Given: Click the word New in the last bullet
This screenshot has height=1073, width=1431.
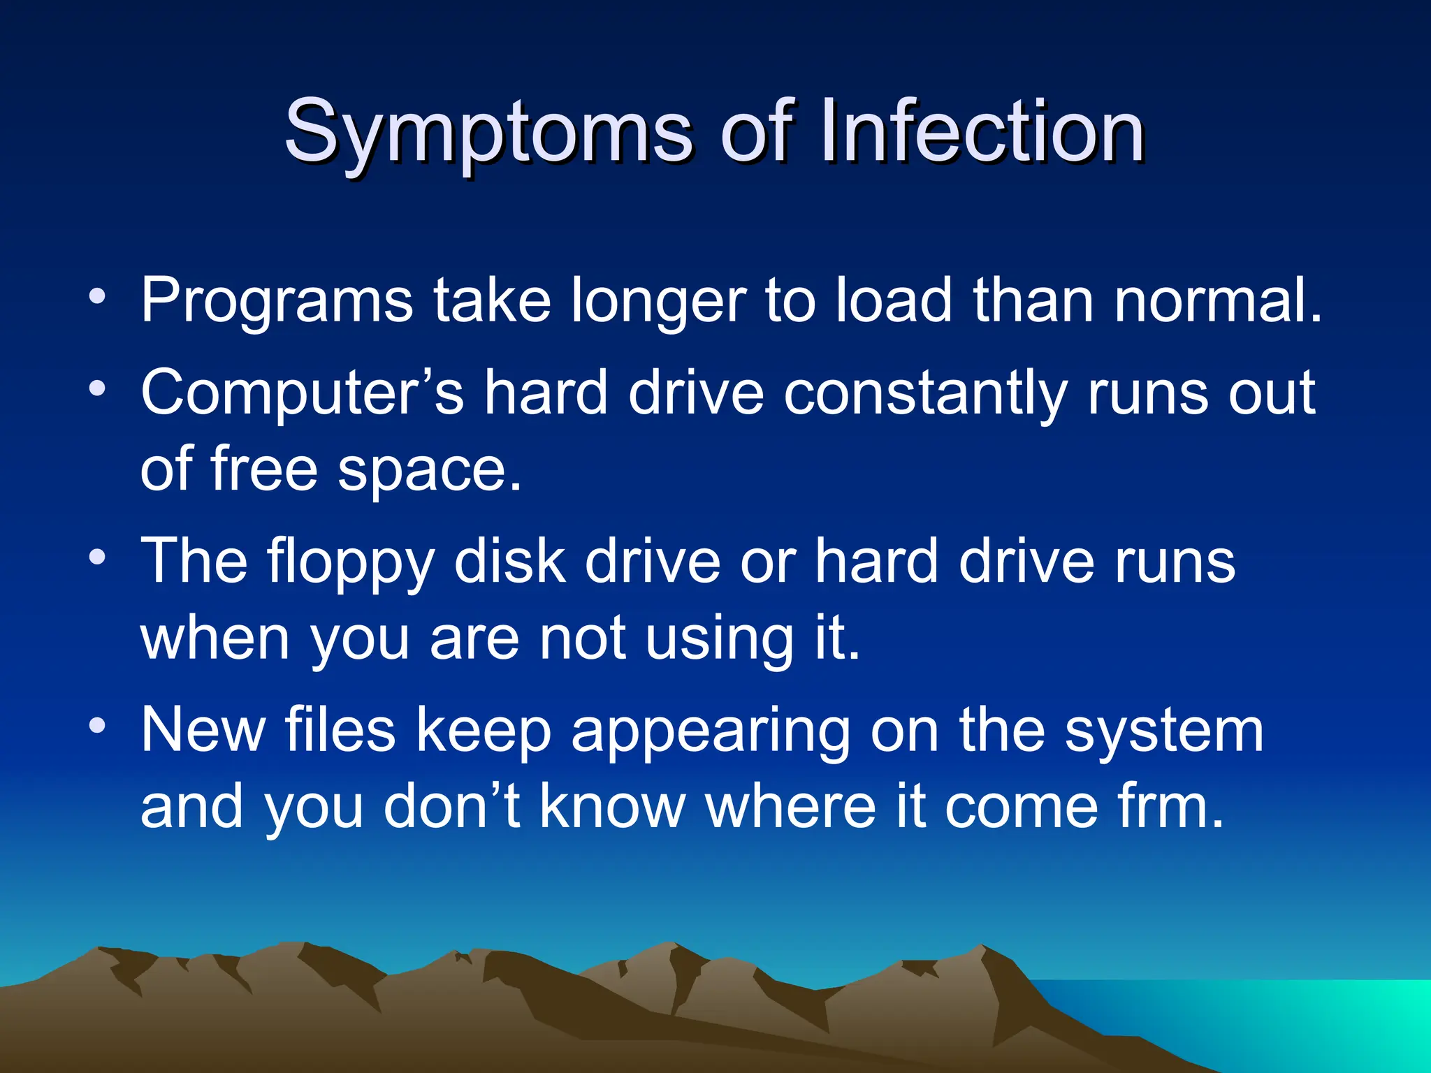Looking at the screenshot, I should [x=203, y=730].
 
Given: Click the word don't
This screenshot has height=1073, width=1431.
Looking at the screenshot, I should [x=451, y=807].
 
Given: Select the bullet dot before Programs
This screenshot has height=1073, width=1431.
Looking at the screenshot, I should [x=98, y=297].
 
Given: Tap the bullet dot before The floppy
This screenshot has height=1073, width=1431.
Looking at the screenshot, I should [x=98, y=557].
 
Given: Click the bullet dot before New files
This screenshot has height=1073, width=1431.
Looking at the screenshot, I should [x=98, y=726].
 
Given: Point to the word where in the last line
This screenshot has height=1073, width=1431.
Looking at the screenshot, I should [x=791, y=807].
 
